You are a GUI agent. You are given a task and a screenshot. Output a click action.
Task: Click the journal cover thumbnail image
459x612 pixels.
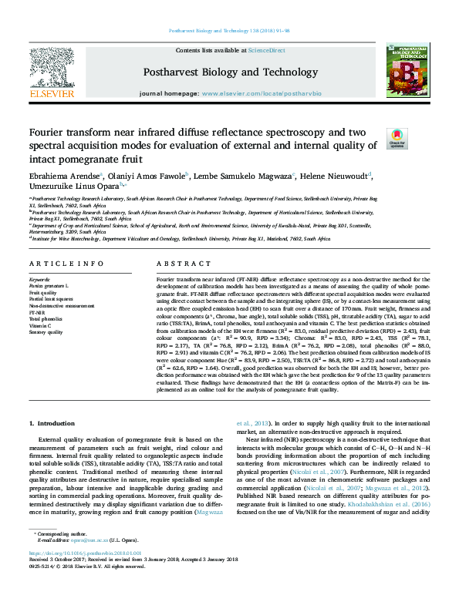407,70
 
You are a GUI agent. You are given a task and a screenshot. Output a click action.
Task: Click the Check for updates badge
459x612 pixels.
396,139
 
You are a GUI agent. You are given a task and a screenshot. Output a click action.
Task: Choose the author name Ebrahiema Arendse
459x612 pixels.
65,176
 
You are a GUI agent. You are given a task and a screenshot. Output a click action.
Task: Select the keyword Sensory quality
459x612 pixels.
47,332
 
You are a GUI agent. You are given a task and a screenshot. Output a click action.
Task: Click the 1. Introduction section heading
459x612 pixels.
52,424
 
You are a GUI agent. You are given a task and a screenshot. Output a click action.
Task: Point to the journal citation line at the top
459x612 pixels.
229,31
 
